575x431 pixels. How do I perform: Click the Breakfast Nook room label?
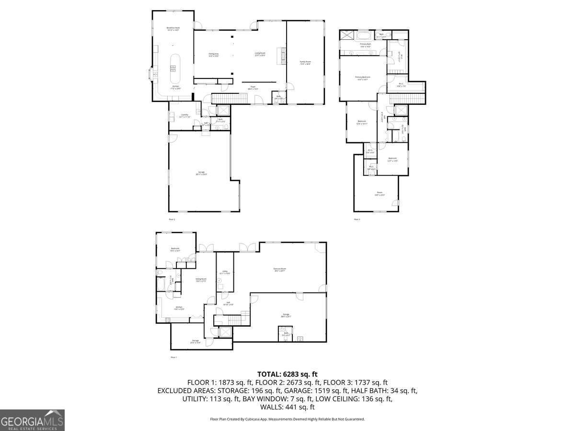[173, 29]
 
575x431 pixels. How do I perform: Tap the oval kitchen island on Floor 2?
[174, 68]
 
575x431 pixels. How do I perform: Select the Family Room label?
[305, 63]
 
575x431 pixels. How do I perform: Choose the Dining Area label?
[213, 55]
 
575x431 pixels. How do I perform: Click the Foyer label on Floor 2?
[253, 88]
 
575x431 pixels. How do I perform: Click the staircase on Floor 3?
[407, 98]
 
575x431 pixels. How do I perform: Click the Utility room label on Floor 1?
[225, 272]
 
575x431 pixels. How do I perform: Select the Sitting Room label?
[201, 280]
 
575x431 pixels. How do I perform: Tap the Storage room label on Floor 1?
[195, 341]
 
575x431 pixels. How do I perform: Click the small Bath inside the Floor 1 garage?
[286, 334]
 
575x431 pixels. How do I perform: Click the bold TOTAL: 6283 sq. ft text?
[287, 374]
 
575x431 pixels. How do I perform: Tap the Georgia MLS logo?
[32, 420]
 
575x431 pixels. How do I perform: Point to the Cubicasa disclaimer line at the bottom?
[287, 419]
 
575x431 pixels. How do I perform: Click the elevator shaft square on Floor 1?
[224, 332]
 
